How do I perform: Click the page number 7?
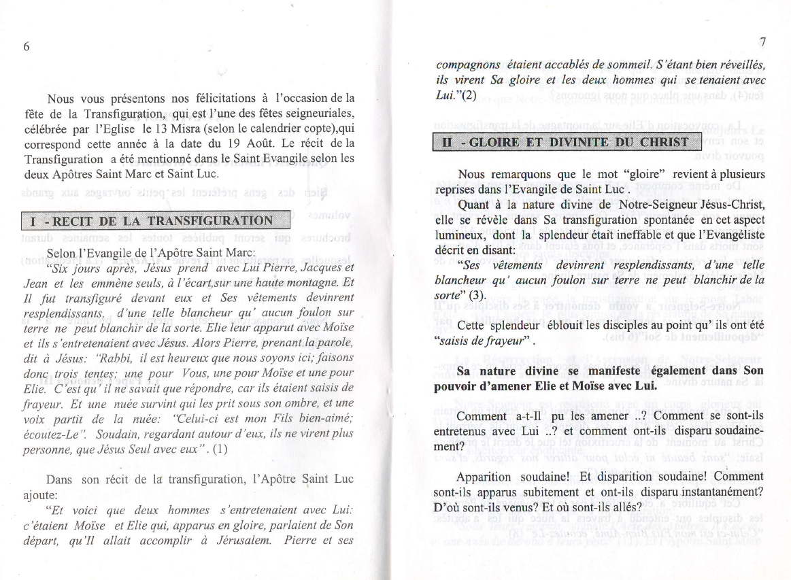click(763, 42)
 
